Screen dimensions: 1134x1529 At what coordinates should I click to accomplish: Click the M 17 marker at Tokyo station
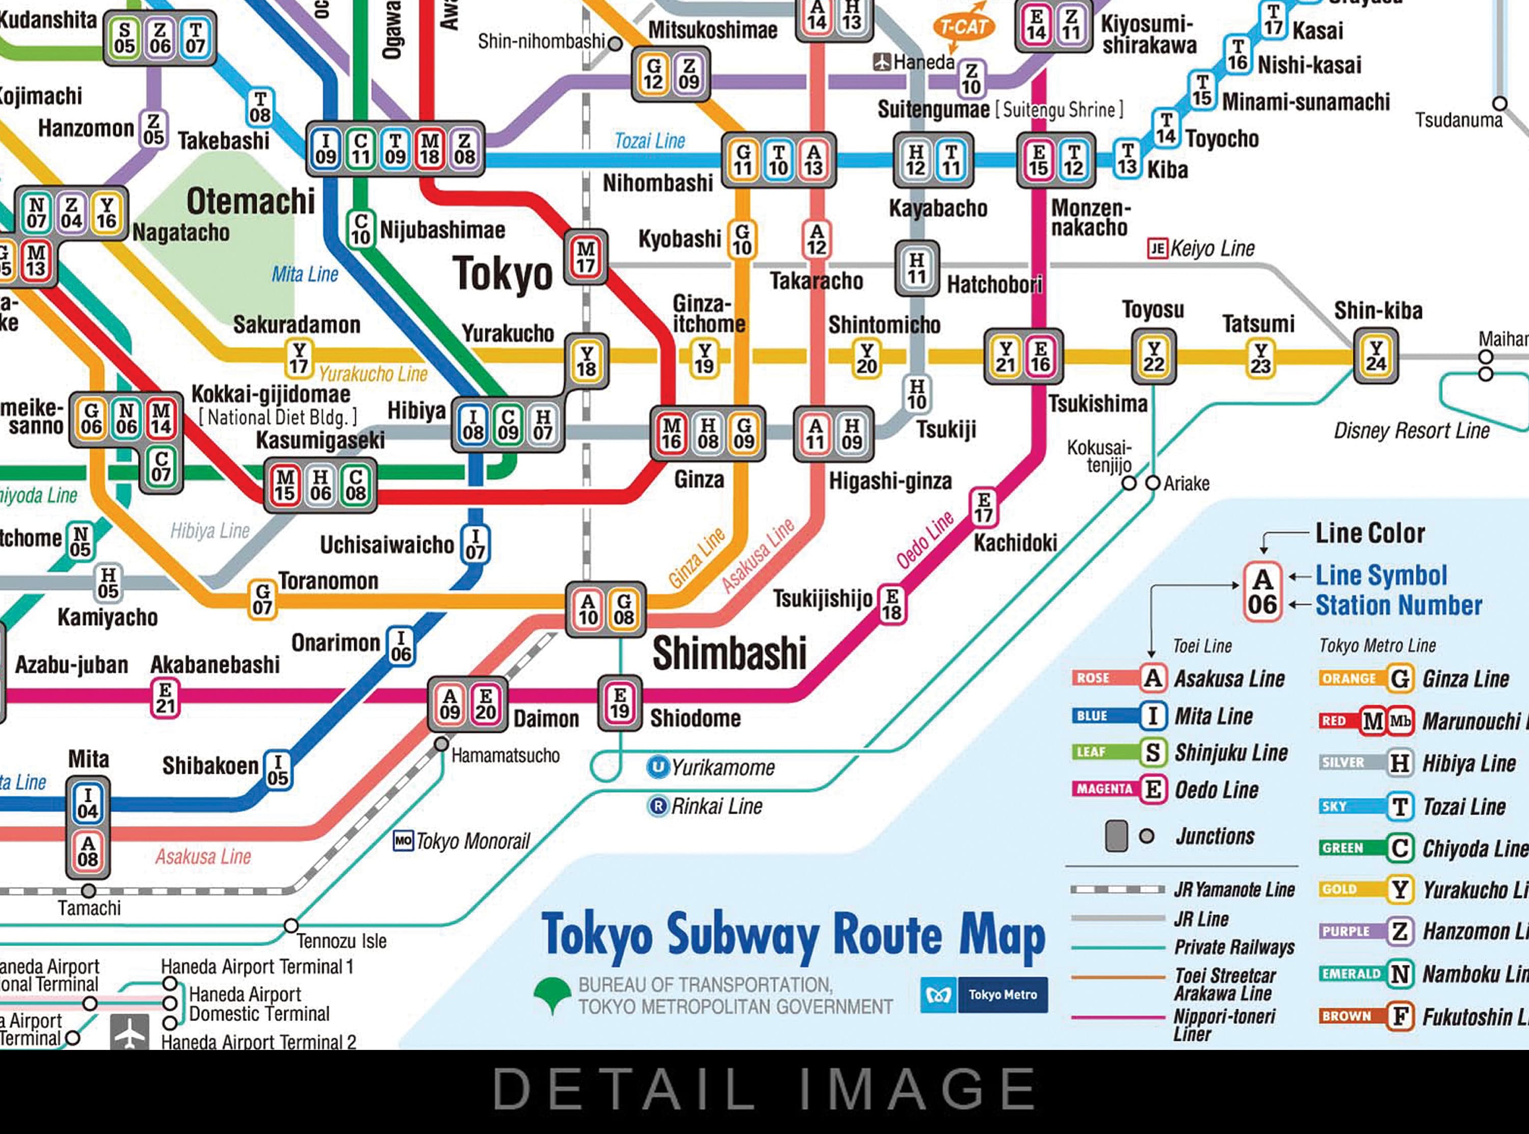586,257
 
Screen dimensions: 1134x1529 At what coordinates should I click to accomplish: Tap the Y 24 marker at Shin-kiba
1375,356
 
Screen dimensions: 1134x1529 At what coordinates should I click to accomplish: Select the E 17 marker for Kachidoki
983,507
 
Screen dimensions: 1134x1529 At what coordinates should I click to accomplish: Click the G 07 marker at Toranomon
262,599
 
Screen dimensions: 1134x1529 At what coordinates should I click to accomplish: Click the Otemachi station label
251,201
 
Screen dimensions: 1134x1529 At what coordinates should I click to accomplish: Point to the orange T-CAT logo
963,28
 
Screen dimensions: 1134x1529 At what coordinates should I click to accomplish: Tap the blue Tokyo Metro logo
983,994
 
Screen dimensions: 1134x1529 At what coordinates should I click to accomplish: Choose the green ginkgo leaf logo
552,994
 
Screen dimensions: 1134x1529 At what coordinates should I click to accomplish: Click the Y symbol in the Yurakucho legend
1399,889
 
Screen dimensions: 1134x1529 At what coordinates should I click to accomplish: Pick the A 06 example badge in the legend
1262,592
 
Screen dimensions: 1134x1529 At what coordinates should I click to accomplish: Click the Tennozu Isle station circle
291,925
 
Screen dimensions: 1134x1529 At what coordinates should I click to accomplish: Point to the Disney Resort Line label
1411,431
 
